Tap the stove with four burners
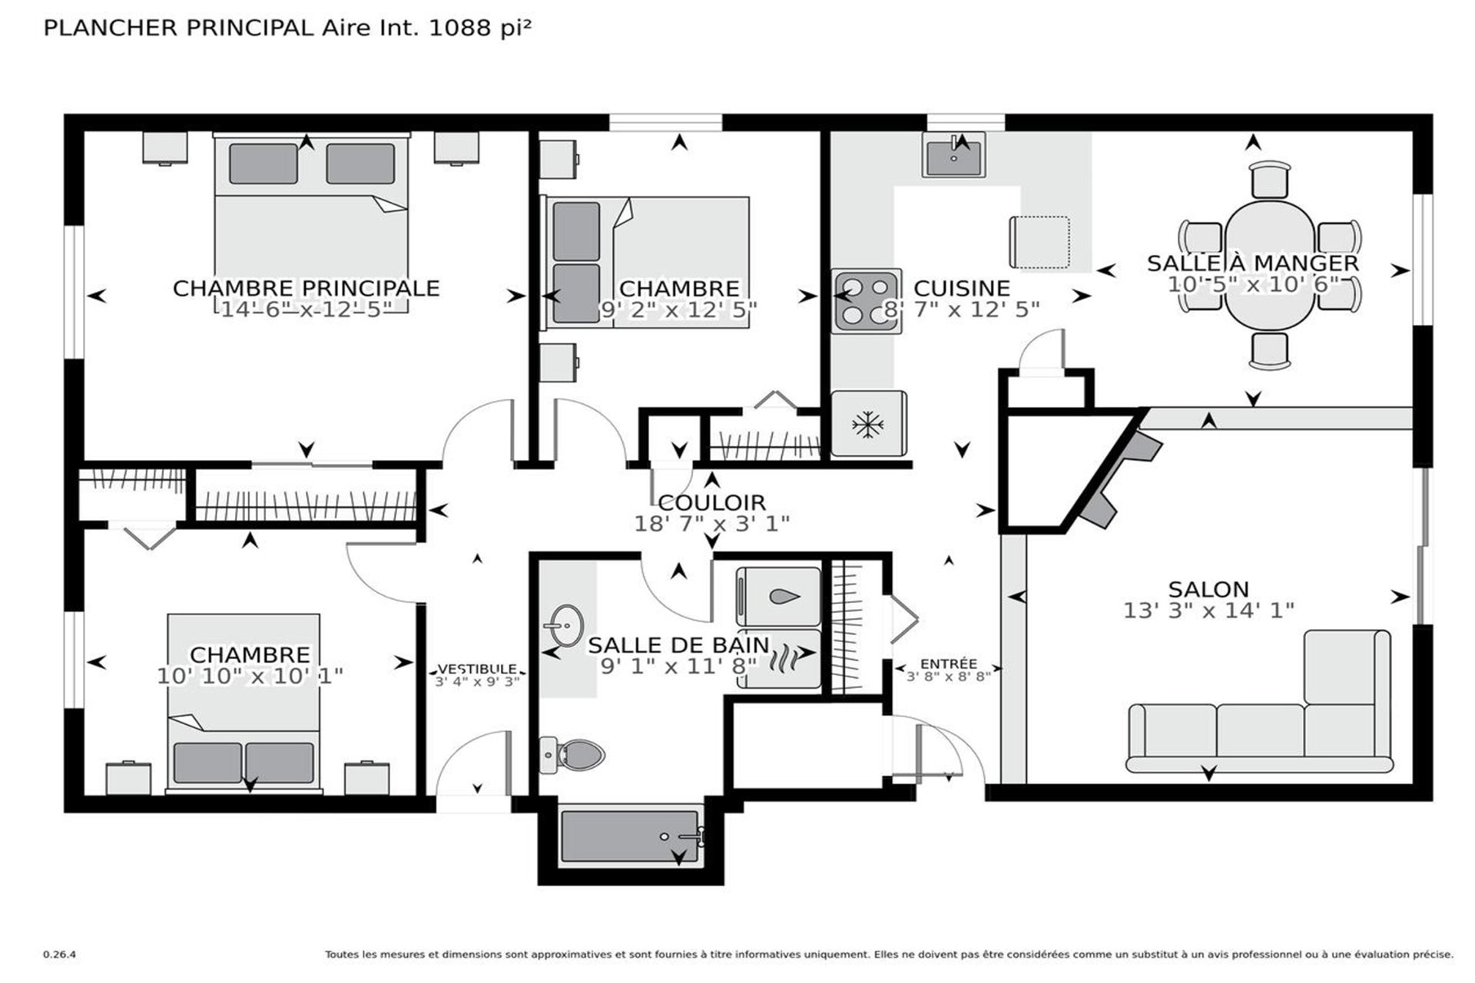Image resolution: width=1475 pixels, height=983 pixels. tap(867, 301)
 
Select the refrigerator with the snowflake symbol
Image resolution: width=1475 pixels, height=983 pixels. tap(869, 424)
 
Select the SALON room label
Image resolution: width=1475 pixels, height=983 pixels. tap(1208, 589)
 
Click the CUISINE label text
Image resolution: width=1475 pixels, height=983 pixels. tap(962, 288)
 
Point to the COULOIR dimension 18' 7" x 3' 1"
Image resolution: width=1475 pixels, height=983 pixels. tap(712, 524)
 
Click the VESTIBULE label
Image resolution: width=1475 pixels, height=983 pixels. tap(477, 669)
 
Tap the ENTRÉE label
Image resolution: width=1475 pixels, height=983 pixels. tap(949, 664)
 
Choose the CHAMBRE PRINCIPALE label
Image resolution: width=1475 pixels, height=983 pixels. tap(306, 288)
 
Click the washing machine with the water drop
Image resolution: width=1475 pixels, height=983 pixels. tap(778, 597)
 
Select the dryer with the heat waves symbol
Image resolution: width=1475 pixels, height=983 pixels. tap(778, 659)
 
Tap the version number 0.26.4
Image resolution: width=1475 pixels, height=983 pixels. tap(59, 955)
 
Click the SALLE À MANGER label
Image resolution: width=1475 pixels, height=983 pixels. tap(1253, 263)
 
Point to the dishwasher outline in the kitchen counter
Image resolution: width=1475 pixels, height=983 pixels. tap(1039, 242)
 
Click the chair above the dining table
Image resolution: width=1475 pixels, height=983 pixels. tap(1270, 180)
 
